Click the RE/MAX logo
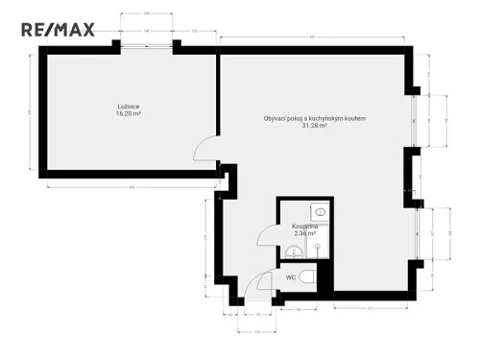coord(59,29)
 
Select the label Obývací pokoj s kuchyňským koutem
coord(314,118)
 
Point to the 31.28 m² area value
coord(314,126)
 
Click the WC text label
coord(289,276)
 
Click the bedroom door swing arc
coord(204,149)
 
